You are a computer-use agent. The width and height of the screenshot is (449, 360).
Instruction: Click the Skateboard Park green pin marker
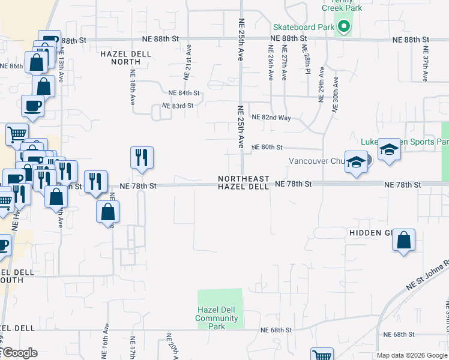click(x=344, y=26)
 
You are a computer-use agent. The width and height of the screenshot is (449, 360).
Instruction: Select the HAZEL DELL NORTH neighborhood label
click(x=121, y=57)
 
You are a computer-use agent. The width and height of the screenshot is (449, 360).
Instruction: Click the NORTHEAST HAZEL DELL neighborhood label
click(x=243, y=183)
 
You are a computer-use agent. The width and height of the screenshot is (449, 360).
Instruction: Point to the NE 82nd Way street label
click(x=271, y=118)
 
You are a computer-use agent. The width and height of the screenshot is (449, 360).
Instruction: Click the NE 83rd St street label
click(x=177, y=106)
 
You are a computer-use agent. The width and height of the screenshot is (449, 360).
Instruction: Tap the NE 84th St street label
click(x=184, y=94)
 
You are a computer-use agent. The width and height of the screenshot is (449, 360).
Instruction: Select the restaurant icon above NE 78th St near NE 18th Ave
click(x=142, y=158)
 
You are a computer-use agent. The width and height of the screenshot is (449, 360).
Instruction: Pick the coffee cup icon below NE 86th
click(x=32, y=106)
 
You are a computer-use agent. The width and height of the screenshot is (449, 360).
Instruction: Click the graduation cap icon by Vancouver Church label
click(x=356, y=162)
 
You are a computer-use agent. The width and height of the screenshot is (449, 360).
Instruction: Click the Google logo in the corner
click(x=19, y=353)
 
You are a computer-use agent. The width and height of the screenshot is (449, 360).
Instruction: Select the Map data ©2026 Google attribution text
click(x=411, y=355)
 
